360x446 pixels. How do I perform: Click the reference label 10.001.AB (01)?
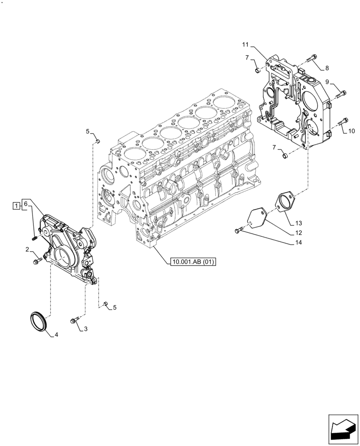click(x=192, y=262)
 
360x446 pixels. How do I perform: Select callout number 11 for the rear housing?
click(x=245, y=45)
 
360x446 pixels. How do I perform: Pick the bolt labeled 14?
click(x=238, y=231)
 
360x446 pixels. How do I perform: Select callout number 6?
click(x=26, y=204)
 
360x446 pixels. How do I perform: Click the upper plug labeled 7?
click(x=257, y=70)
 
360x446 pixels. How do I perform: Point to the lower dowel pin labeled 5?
click(x=105, y=304)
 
